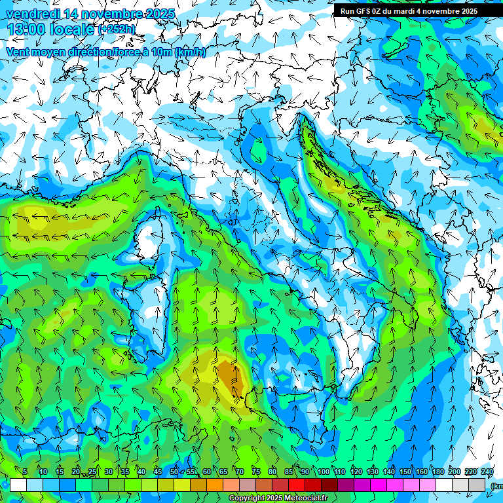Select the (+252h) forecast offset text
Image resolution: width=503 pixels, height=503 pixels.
(117, 29)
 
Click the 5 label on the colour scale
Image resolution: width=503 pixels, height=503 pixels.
(25, 472)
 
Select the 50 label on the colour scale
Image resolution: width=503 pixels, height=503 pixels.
(174, 472)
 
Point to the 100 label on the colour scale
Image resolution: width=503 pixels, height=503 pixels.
(323, 472)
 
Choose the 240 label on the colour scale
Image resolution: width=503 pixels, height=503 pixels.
(487, 472)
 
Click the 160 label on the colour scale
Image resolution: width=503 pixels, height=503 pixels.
(421, 472)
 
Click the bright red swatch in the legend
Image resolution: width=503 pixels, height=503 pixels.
(297, 485)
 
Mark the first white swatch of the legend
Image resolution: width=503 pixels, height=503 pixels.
(18, 485)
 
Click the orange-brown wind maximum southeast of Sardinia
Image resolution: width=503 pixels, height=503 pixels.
(228, 377)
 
